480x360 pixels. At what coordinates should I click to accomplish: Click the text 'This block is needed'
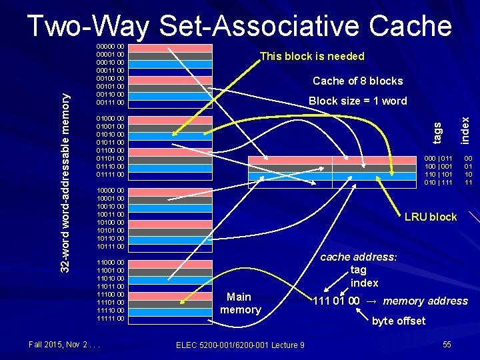point(312,56)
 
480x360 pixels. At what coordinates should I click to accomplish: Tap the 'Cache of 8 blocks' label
point(357,81)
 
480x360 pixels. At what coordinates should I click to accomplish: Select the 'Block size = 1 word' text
point(357,101)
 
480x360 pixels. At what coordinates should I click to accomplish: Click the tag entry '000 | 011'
point(438,158)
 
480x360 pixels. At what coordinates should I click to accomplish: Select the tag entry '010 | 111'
point(438,182)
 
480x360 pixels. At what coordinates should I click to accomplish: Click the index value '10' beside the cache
point(469,174)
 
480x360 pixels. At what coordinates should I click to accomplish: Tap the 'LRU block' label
point(431,217)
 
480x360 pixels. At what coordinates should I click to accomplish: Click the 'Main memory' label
point(240,303)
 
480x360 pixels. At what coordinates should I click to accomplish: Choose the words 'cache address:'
point(359,257)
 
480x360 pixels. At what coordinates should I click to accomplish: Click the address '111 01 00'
point(337,301)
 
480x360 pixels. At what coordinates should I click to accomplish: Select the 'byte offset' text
point(398,321)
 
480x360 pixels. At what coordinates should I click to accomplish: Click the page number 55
point(447,344)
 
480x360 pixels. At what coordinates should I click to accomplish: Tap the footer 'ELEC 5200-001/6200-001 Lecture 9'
point(240,345)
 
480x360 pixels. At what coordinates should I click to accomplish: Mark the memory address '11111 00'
point(111,319)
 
